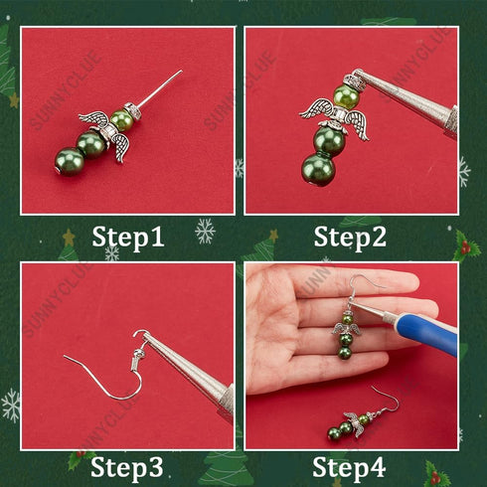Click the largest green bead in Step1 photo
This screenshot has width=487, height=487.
click(x=70, y=161)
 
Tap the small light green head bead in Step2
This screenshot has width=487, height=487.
click(x=345, y=97)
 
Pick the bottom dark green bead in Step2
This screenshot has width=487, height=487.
click(x=318, y=166)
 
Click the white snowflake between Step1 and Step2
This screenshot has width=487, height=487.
click(x=205, y=232)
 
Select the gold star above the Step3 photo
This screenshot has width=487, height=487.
click(x=69, y=239)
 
